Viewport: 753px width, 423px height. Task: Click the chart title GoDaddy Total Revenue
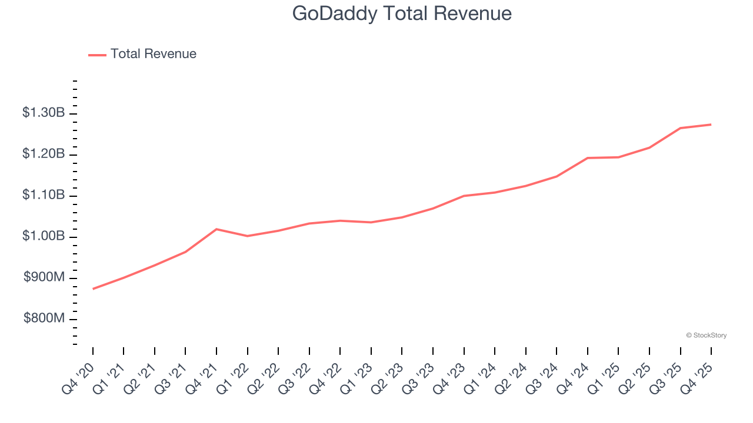tap(402, 14)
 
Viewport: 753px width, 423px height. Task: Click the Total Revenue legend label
tap(153, 54)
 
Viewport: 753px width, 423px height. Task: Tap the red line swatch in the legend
tap(97, 55)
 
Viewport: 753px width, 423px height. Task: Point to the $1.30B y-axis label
tap(44, 112)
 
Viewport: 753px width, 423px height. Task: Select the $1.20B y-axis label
tap(44, 154)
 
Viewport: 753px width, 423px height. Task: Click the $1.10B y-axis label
tap(44, 195)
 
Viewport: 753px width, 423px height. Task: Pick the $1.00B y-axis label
tap(44, 236)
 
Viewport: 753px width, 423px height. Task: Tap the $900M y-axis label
tap(45, 277)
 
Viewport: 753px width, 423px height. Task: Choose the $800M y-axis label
tap(45, 318)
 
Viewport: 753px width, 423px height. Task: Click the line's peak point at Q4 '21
tap(216, 229)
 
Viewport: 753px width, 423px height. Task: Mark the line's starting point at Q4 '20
tap(93, 289)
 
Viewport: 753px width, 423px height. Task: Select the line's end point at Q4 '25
tap(711, 125)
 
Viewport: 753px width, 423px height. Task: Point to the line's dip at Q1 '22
tap(248, 236)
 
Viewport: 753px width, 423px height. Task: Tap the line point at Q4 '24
tap(588, 158)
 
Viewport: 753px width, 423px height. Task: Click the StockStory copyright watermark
tap(706, 335)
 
